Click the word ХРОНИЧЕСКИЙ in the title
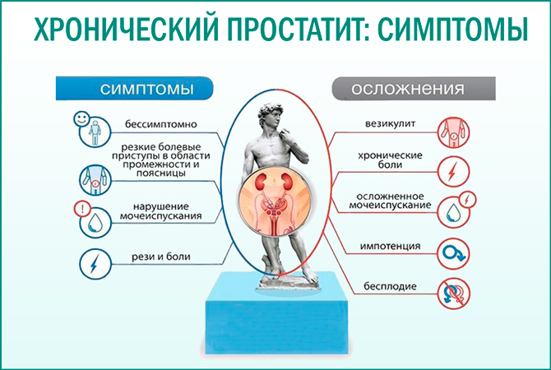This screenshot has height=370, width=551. (x=116, y=30)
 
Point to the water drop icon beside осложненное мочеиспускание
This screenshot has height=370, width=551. (x=452, y=210)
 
